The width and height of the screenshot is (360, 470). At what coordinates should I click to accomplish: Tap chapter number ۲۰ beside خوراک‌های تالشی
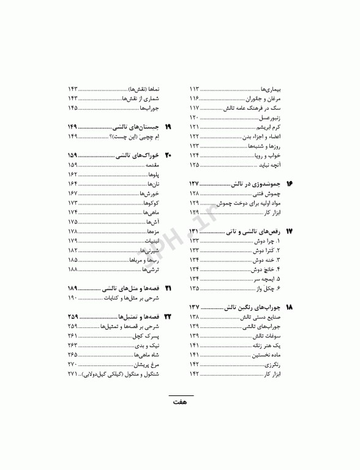click(x=168, y=155)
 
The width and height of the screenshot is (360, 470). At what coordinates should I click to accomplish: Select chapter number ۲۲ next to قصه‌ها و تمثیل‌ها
click(x=168, y=317)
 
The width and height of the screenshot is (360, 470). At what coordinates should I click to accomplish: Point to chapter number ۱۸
click(x=290, y=306)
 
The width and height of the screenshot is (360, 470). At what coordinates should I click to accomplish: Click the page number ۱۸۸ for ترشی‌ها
click(x=72, y=269)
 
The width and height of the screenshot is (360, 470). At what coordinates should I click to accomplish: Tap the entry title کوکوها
click(x=150, y=203)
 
